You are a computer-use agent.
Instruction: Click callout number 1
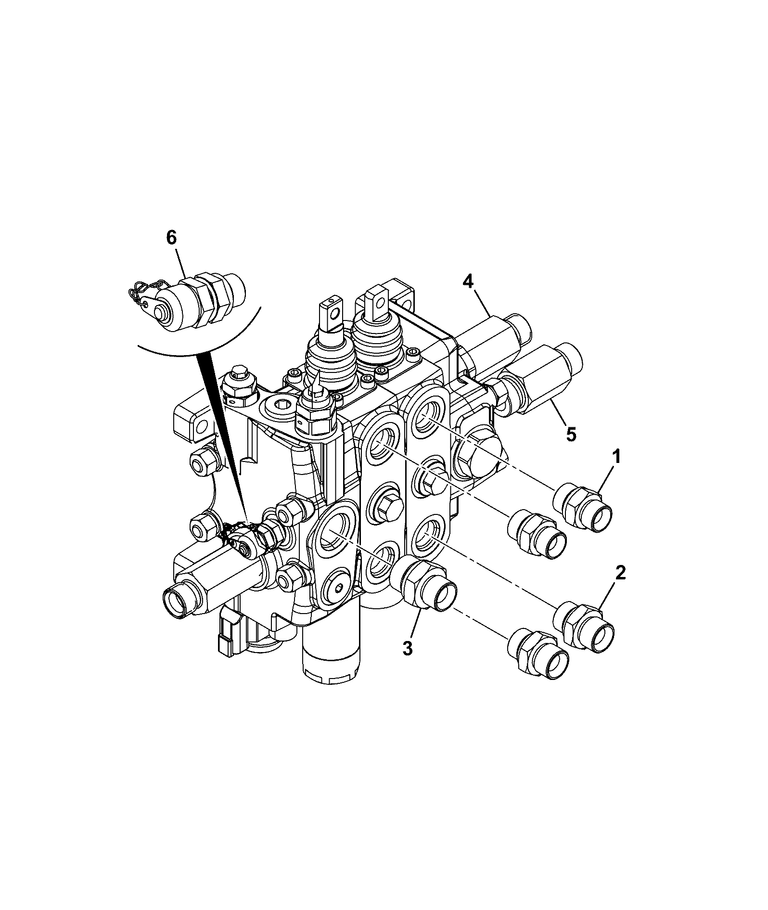coord(616,457)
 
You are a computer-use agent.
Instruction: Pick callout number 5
coord(570,434)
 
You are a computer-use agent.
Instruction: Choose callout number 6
coord(171,239)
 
